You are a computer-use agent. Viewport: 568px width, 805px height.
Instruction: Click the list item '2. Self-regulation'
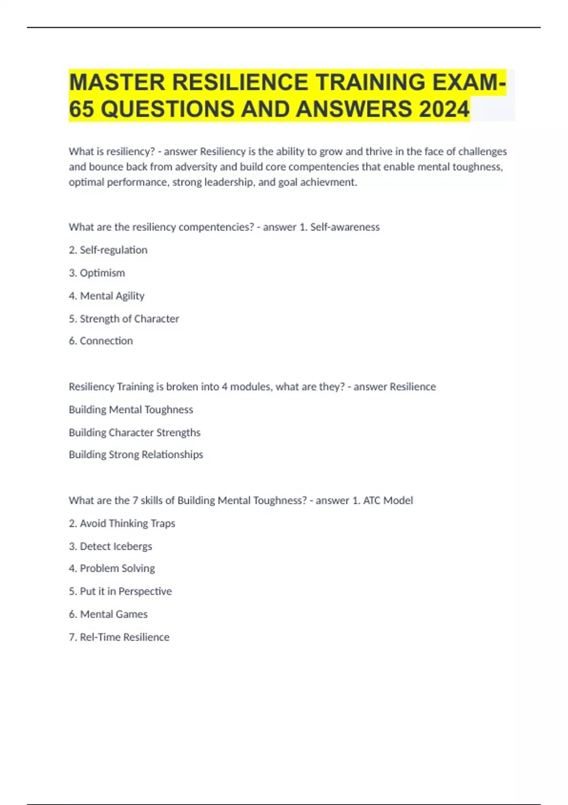point(108,250)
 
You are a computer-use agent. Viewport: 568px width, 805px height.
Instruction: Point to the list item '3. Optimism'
point(97,273)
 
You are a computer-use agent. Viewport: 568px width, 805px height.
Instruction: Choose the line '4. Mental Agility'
point(106,296)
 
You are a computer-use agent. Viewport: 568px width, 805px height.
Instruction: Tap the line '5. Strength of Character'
point(124,319)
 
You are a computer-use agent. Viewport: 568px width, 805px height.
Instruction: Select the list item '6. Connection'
point(101,341)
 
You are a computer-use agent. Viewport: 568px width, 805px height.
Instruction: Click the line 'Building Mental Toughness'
point(131,410)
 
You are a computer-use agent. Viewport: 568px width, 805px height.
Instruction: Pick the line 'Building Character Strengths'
point(134,432)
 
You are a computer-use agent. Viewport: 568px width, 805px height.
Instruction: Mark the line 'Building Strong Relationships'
point(136,455)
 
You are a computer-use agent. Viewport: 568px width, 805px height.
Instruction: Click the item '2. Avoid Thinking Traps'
point(122,523)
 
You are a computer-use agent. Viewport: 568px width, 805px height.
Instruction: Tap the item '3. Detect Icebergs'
point(110,546)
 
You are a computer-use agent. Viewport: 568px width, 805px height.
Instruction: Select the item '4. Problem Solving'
point(112,568)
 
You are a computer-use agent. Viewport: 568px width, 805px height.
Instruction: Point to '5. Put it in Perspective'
point(120,591)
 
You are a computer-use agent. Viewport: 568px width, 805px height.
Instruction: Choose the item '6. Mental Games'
point(108,614)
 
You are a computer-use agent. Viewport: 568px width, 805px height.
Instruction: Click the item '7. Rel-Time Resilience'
point(119,637)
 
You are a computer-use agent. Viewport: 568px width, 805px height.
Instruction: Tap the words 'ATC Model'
point(388,501)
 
